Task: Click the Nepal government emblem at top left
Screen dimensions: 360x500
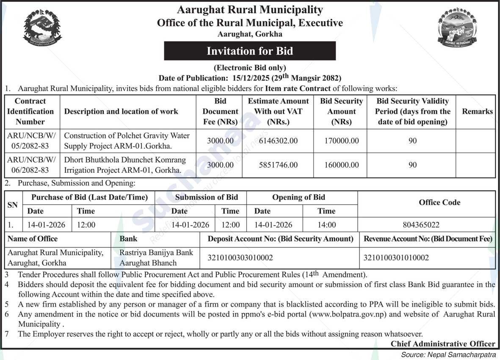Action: [42, 28]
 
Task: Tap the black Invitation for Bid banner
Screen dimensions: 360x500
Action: [250, 51]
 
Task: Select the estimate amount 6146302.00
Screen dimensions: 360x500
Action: [278, 141]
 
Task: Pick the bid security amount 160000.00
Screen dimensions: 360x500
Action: [341, 165]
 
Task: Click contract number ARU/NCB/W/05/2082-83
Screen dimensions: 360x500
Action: [32, 141]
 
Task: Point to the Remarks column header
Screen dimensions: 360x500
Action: [477, 111]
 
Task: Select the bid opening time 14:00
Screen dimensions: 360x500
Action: [326, 225]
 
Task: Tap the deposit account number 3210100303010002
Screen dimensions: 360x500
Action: [240, 258]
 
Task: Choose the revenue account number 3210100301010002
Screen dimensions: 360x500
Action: [396, 258]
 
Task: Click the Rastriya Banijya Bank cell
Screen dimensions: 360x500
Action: [156, 258]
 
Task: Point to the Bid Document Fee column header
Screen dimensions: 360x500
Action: [220, 111]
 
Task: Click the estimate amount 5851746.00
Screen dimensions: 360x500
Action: [278, 165]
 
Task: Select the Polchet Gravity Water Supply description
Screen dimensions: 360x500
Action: [127, 141]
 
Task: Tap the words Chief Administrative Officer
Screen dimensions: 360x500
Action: [442, 343]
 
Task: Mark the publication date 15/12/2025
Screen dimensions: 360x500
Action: [251, 78]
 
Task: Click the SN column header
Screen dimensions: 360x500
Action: [13, 205]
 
